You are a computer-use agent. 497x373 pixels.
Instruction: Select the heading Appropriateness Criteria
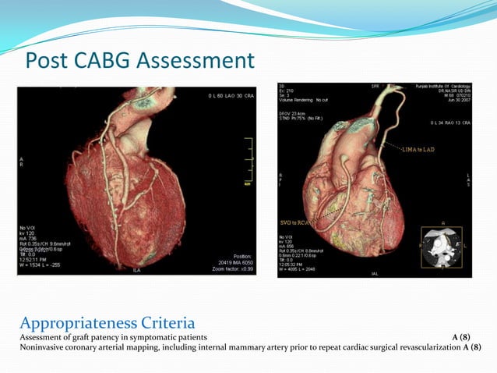pos(107,321)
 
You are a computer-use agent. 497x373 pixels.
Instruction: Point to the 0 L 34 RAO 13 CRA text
pos(448,123)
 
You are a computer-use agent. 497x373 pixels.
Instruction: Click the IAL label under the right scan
pos(377,273)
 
